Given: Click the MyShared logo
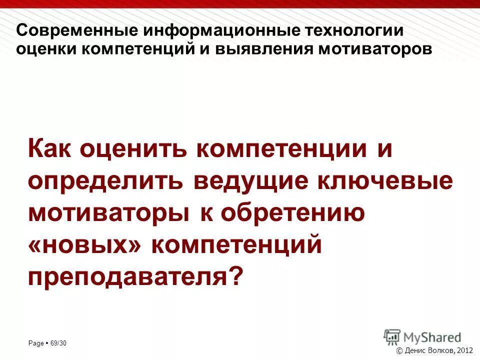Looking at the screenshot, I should point(422,336).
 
